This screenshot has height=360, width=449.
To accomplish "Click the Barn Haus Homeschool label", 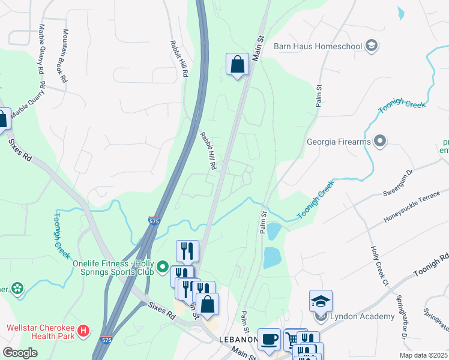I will coord(318,46).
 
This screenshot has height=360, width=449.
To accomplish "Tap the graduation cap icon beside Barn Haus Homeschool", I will coord(372,46).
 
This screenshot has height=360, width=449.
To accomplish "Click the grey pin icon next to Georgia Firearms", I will coord(379,142).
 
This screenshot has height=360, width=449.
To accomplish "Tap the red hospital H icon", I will coord(85,330).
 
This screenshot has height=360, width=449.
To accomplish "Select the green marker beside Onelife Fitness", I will coord(162,265).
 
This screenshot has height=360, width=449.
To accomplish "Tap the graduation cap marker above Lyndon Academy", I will coord(321,300).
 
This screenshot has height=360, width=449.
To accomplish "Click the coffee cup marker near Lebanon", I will coord(269,339).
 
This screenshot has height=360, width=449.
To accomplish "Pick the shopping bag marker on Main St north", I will coord(237,64).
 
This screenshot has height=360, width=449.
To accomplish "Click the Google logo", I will coord(20,353).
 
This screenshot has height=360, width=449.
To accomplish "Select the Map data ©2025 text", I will coord(423,355).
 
